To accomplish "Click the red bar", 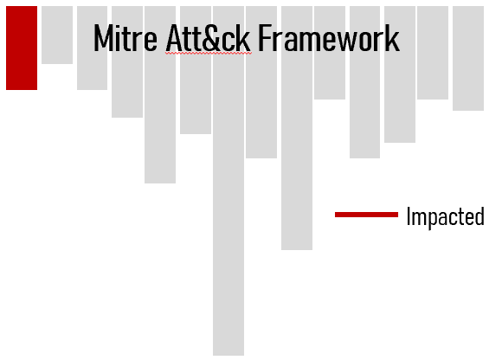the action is click(22, 48).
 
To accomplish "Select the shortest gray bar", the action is click(57, 35).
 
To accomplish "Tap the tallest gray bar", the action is click(228, 181).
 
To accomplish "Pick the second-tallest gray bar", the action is click(297, 128).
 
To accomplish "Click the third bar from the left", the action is click(93, 48).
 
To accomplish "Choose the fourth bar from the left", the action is click(127, 61).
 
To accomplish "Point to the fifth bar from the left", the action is click(160, 94).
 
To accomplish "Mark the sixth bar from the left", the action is click(196, 70).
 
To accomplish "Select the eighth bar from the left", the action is click(261, 82).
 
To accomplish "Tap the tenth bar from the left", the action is click(330, 53).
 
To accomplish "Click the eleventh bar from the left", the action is click(364, 82).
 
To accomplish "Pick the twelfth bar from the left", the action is click(400, 74).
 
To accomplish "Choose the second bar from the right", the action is click(433, 53).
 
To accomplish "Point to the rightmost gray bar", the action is click(468, 58).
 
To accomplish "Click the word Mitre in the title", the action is click(125, 38).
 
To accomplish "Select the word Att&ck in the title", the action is click(208, 38).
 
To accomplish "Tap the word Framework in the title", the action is click(329, 38).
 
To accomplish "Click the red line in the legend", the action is click(367, 215).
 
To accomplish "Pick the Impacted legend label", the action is click(446, 216).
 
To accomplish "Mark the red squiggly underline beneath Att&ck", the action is click(209, 53).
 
